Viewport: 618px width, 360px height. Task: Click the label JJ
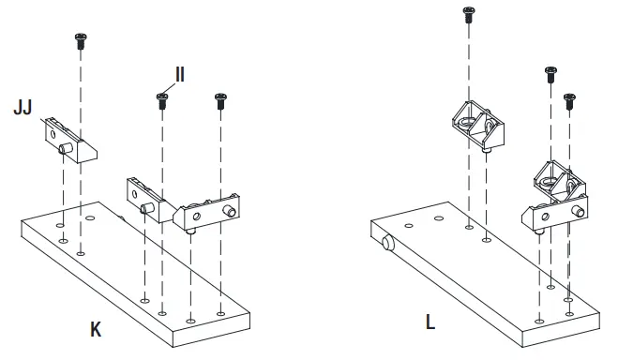pyautogui.click(x=23, y=110)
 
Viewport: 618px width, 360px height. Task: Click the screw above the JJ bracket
pyautogui.click(x=80, y=39)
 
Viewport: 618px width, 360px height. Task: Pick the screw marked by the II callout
pyautogui.click(x=161, y=98)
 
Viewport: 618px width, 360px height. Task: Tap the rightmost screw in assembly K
pyautogui.click(x=220, y=100)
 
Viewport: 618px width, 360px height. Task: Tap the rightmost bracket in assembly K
pyautogui.click(x=210, y=209)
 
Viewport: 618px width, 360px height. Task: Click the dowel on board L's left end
pyautogui.click(x=388, y=245)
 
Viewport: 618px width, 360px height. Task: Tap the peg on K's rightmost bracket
pyautogui.click(x=190, y=227)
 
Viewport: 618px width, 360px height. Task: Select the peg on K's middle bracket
pyautogui.click(x=146, y=208)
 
